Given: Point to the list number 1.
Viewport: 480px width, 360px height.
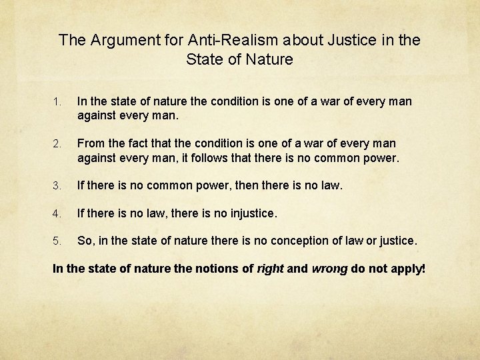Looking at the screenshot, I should click(57, 102).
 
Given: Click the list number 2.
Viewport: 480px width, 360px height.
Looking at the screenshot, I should click(57, 144).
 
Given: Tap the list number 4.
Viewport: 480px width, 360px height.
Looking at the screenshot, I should click(57, 214).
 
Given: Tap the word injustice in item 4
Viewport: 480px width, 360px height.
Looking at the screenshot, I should click(248, 213).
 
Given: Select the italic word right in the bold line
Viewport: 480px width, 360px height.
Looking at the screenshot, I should click(271, 269).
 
